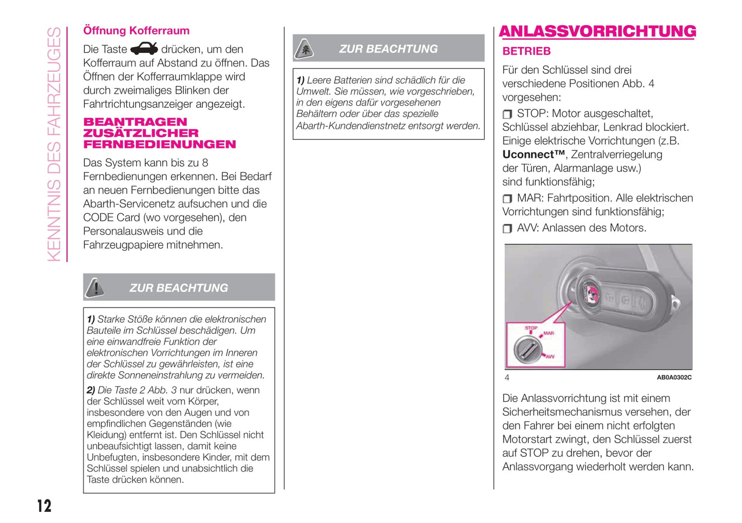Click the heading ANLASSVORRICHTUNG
tap(597, 31)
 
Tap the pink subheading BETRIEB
tap(526, 51)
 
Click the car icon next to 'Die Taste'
tap(144, 49)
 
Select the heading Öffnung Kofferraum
tap(136, 30)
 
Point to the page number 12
tap(44, 506)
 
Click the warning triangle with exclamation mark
tap(95, 288)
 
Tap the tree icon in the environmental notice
tap(305, 49)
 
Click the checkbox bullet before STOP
tap(507, 114)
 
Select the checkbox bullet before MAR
tap(507, 199)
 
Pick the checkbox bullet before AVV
tap(507, 228)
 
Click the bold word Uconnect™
tap(533, 154)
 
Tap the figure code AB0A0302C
tap(674, 377)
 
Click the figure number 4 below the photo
tap(507, 378)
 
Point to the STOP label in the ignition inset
tap(531, 327)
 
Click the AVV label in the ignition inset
tap(550, 356)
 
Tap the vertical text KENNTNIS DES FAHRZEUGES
tap(54, 144)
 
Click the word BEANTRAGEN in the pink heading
tap(135, 122)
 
